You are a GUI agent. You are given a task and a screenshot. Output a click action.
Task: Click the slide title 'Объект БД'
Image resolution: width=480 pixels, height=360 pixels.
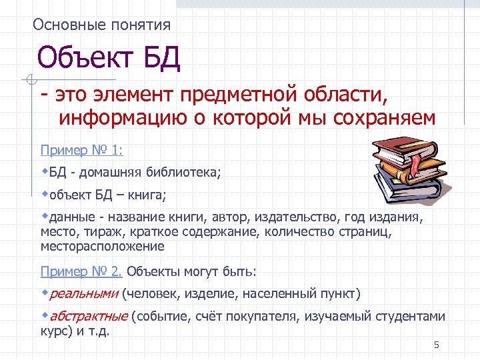(109, 59)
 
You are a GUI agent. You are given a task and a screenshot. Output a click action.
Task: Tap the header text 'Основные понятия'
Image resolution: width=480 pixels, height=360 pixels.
(101, 25)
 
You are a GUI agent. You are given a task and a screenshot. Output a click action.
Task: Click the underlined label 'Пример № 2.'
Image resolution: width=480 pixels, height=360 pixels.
(81, 271)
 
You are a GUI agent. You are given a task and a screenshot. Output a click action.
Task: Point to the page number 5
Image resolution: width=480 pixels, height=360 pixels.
(437, 345)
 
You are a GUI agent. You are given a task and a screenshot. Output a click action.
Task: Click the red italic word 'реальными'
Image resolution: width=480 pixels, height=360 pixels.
(84, 293)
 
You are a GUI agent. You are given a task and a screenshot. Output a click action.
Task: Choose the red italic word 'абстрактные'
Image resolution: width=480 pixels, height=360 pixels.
(89, 316)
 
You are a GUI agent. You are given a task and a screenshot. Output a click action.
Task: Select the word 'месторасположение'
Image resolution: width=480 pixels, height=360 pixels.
(102, 246)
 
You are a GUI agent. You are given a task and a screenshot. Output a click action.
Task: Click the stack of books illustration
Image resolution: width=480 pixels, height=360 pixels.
(406, 167)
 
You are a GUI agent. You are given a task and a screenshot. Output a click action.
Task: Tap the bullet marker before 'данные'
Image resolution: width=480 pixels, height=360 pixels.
(45, 215)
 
